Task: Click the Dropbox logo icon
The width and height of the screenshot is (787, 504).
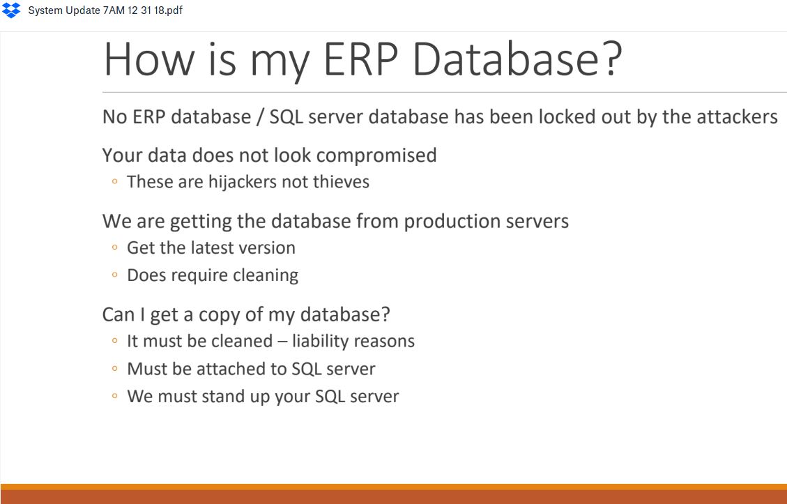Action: point(11,10)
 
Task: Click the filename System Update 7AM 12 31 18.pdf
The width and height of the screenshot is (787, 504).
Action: point(105,10)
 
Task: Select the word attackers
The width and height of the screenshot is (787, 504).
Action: point(738,117)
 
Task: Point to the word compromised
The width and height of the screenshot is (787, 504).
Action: point(376,155)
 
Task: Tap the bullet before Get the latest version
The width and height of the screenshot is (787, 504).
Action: point(115,247)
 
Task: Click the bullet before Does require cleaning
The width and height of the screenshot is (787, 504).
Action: point(115,275)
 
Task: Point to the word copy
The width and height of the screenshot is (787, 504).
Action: point(220,315)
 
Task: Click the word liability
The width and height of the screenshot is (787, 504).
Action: point(322,342)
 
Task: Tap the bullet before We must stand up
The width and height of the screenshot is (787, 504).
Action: point(115,396)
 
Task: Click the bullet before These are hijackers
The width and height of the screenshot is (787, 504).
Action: point(115,181)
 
